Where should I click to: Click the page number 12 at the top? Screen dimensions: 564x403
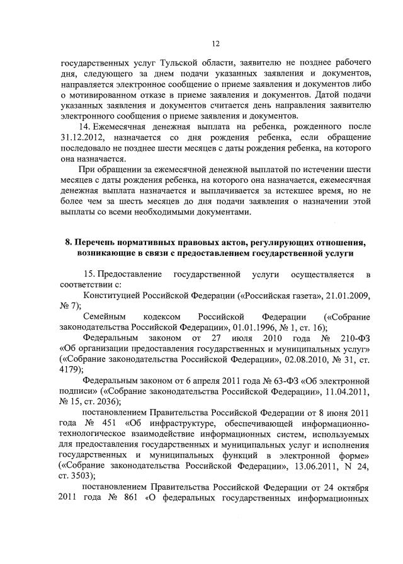pos(215,43)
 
